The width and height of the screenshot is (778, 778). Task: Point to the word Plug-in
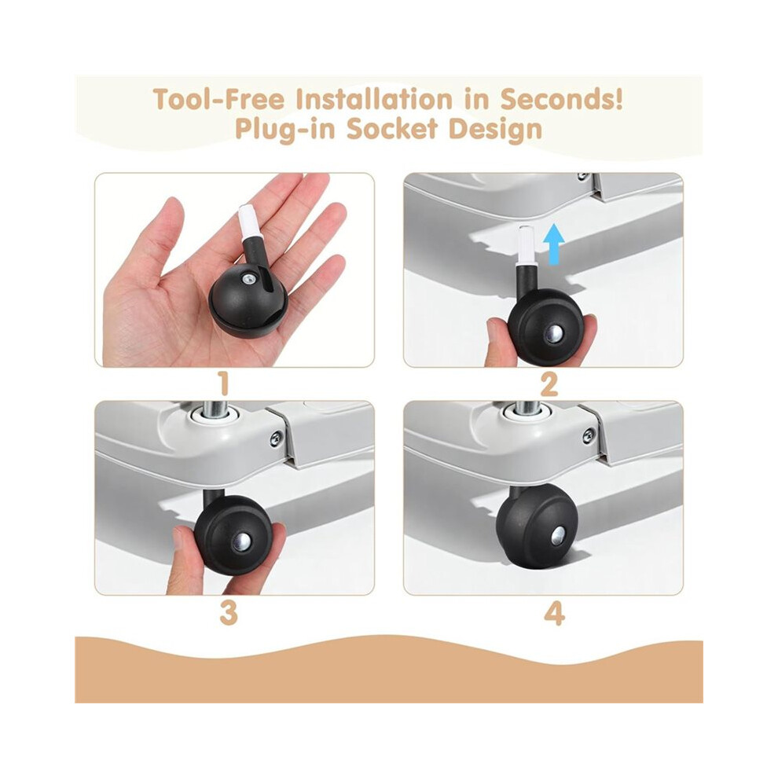pos(284,130)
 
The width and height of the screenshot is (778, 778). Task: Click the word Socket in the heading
pos(392,129)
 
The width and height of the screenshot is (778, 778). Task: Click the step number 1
pos(224,384)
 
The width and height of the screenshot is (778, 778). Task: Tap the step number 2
pos(549,384)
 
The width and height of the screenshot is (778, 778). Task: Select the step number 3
pos(228,613)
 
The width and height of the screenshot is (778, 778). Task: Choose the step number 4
pos(554,613)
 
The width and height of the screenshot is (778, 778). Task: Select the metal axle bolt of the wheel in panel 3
pos(243,541)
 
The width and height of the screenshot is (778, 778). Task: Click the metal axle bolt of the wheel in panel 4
pos(557,536)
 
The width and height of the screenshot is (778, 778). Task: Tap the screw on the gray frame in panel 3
pos(276,438)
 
